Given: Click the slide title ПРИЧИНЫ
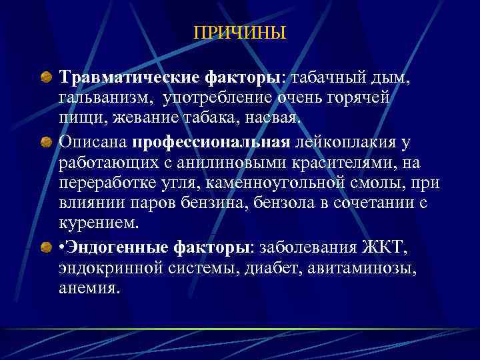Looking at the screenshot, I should click(239, 33).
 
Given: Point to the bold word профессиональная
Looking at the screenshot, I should click(211, 143).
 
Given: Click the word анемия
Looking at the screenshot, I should click(89, 289).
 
